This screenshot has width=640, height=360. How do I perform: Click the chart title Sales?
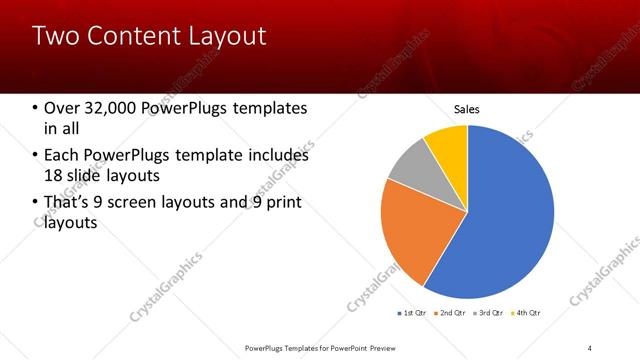(467, 108)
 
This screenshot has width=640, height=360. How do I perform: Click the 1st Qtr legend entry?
(412, 313)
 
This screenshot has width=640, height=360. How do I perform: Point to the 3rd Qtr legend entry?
(488, 313)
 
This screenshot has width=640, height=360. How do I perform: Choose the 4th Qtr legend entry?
(526, 313)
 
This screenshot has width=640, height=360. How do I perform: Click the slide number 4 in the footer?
(590, 347)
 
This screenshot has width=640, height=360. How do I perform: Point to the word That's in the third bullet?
(70, 204)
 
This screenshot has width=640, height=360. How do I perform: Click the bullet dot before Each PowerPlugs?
(36, 156)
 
